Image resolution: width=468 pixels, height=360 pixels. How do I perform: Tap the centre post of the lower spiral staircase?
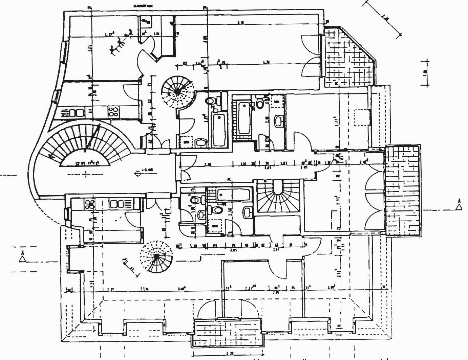coord(156,257)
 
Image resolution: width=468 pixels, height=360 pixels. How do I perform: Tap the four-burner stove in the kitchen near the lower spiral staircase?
coord(90,204)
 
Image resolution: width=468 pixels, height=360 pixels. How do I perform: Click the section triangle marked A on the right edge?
coord(459,207)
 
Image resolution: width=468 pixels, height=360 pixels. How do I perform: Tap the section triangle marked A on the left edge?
coord(23,258)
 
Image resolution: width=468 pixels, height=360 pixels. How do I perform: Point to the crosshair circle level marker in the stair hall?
coord(138,174)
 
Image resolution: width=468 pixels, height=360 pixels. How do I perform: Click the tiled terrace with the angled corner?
coord(349,59)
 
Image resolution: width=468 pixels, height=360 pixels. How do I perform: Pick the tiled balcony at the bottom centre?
coord(227,332)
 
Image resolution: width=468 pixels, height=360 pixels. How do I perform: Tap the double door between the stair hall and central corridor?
coord(185,166)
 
